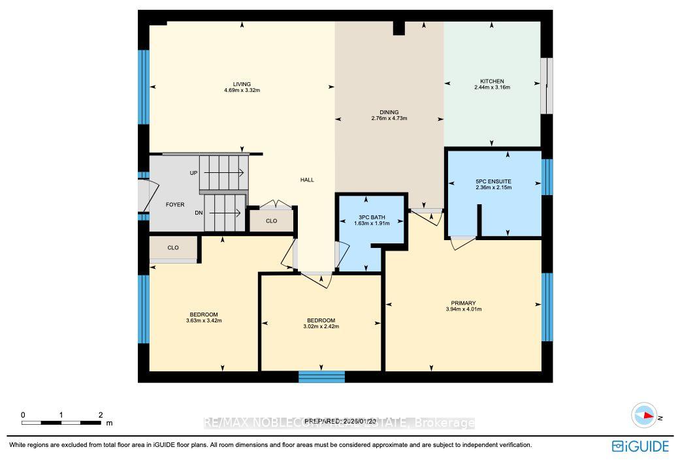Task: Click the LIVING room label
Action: [x=242, y=84]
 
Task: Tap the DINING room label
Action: [x=389, y=112]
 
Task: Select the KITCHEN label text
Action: [x=492, y=82]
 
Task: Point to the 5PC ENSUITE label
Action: [x=493, y=181]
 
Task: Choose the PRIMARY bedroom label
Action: [x=463, y=303]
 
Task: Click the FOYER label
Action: [x=174, y=205]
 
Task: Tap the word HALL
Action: [x=307, y=180]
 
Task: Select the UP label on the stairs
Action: [x=193, y=174]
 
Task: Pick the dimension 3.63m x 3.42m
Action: [x=202, y=320]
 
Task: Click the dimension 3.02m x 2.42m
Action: [x=321, y=326]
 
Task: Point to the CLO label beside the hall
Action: [x=271, y=221]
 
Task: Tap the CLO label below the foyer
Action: [x=173, y=248]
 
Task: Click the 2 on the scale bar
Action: [x=101, y=415]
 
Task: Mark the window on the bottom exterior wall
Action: [x=321, y=377]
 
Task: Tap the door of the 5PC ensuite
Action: [x=463, y=241]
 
